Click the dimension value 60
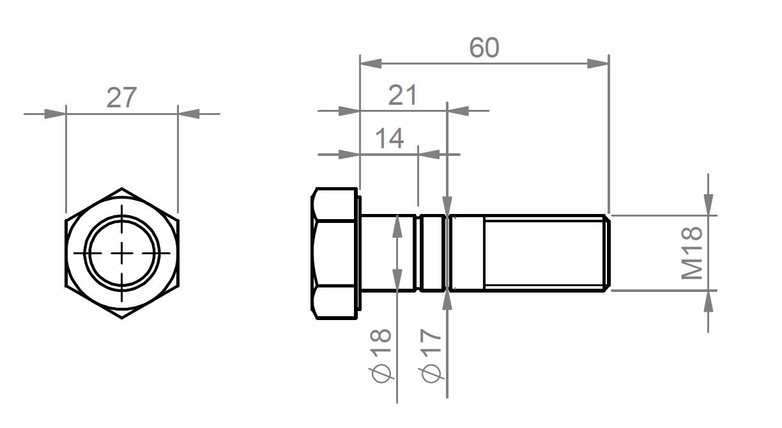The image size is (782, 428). (484, 47)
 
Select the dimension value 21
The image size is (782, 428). (402, 95)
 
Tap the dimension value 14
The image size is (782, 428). (389, 138)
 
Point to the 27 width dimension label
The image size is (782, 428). (121, 98)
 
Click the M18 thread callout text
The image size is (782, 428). (692, 253)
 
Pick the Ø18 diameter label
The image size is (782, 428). (381, 355)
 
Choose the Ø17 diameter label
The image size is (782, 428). (431, 355)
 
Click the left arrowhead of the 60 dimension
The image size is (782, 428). (371, 63)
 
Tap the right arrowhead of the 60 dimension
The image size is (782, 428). (598, 63)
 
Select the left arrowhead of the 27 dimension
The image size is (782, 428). (55, 114)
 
